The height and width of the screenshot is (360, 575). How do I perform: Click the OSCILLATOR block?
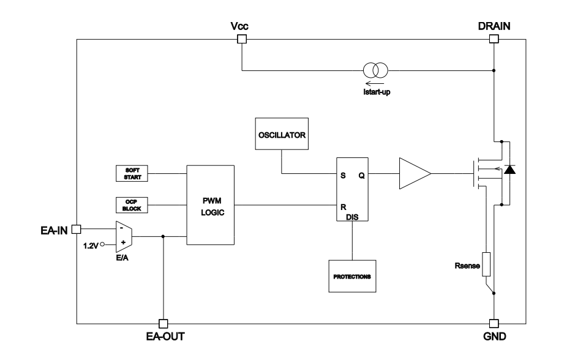point(281,134)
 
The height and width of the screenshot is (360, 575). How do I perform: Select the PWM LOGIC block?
point(210,204)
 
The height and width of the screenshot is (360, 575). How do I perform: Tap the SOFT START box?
point(132,173)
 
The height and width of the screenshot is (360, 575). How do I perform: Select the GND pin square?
point(494,323)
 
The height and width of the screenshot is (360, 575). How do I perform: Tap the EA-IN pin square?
point(76,229)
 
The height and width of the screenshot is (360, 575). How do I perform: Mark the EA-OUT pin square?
point(162,323)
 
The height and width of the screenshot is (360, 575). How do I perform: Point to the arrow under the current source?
point(372,86)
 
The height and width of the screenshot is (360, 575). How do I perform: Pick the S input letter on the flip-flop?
point(344,174)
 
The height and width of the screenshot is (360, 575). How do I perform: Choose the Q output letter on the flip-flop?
point(361,174)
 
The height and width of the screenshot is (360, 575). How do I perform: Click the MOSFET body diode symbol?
point(508,171)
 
